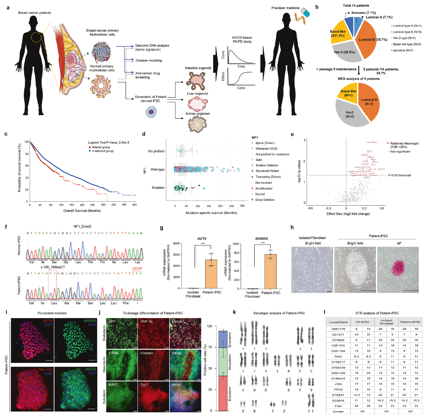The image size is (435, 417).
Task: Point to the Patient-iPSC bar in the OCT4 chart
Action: click(x=211, y=274)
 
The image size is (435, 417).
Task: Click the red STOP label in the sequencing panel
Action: click(x=137, y=269)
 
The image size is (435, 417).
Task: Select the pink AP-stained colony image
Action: click(x=398, y=270)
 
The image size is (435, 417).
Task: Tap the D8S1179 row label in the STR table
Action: click(x=338, y=329)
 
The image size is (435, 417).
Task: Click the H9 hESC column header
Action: click(x=362, y=322)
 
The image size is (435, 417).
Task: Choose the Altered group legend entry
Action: click(x=101, y=147)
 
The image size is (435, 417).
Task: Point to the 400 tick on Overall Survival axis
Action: click(x=134, y=205)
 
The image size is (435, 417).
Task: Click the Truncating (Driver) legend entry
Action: click(x=268, y=177)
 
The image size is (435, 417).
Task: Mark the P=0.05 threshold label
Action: click(x=399, y=175)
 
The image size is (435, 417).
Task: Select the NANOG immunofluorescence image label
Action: click(x=90, y=321)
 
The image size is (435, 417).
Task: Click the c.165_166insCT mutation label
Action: click(x=53, y=267)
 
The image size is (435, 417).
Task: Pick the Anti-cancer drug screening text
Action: click(x=147, y=75)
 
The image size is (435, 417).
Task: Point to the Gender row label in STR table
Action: click(x=338, y=412)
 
